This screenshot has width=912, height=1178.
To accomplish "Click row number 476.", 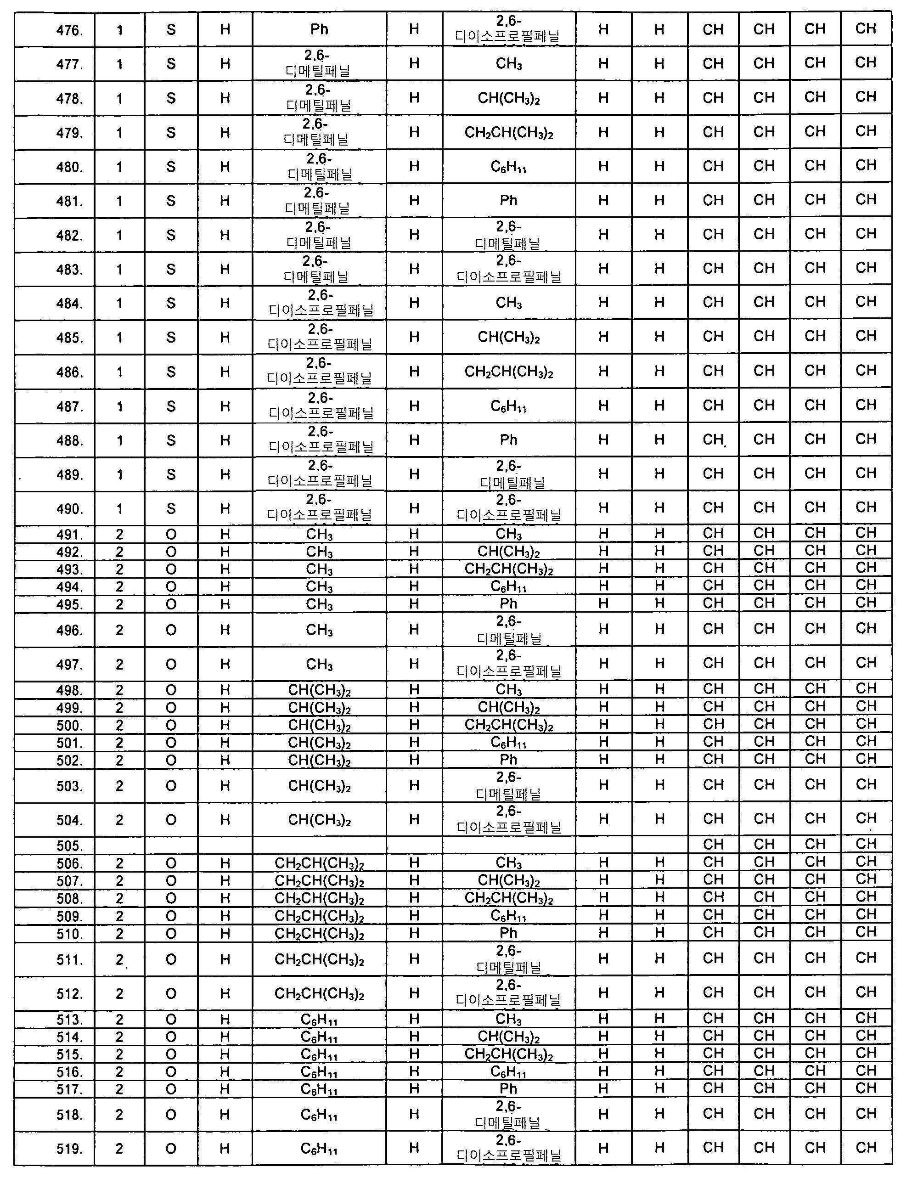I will pyautogui.click(x=70, y=30).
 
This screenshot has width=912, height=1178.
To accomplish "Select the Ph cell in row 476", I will pyautogui.click(x=319, y=29).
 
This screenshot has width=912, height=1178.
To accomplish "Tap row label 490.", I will pyautogui.click(x=70, y=509).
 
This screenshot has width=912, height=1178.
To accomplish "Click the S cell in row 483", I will pyautogui.click(x=171, y=269).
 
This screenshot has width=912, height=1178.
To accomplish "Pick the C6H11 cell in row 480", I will pyautogui.click(x=509, y=167).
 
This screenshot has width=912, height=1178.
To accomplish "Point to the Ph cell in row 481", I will pyautogui.click(x=509, y=201).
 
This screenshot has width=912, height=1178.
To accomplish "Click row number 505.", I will pyautogui.click(x=70, y=846).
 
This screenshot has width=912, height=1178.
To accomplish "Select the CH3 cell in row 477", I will pyautogui.click(x=509, y=64).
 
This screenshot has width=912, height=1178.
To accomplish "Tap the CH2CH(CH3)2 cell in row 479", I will pyautogui.click(x=509, y=133).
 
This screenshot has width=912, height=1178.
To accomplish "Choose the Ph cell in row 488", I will pyautogui.click(x=509, y=440).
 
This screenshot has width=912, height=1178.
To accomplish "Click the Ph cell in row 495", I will pyautogui.click(x=509, y=603).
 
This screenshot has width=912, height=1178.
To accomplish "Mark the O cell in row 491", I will pyautogui.click(x=171, y=535).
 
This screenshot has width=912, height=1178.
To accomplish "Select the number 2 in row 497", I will pyautogui.click(x=120, y=664).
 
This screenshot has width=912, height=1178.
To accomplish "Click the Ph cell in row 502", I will pyautogui.click(x=509, y=760).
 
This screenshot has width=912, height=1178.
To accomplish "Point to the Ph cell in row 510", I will pyautogui.click(x=509, y=933).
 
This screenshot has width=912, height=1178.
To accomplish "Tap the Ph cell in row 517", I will pyautogui.click(x=509, y=1089).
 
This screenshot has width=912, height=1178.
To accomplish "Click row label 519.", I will pyautogui.click(x=70, y=1150).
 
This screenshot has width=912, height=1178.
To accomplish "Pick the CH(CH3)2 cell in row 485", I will pyautogui.click(x=509, y=338).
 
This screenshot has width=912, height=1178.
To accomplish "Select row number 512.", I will pyautogui.click(x=70, y=993).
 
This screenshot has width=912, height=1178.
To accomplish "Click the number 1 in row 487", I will pyautogui.click(x=120, y=406).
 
